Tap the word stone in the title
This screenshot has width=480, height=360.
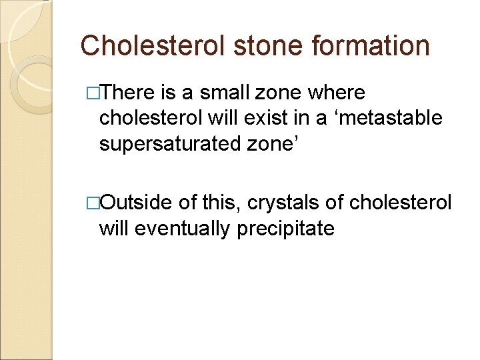click(x=262, y=45)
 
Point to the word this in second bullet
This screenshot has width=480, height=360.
click(x=221, y=203)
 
